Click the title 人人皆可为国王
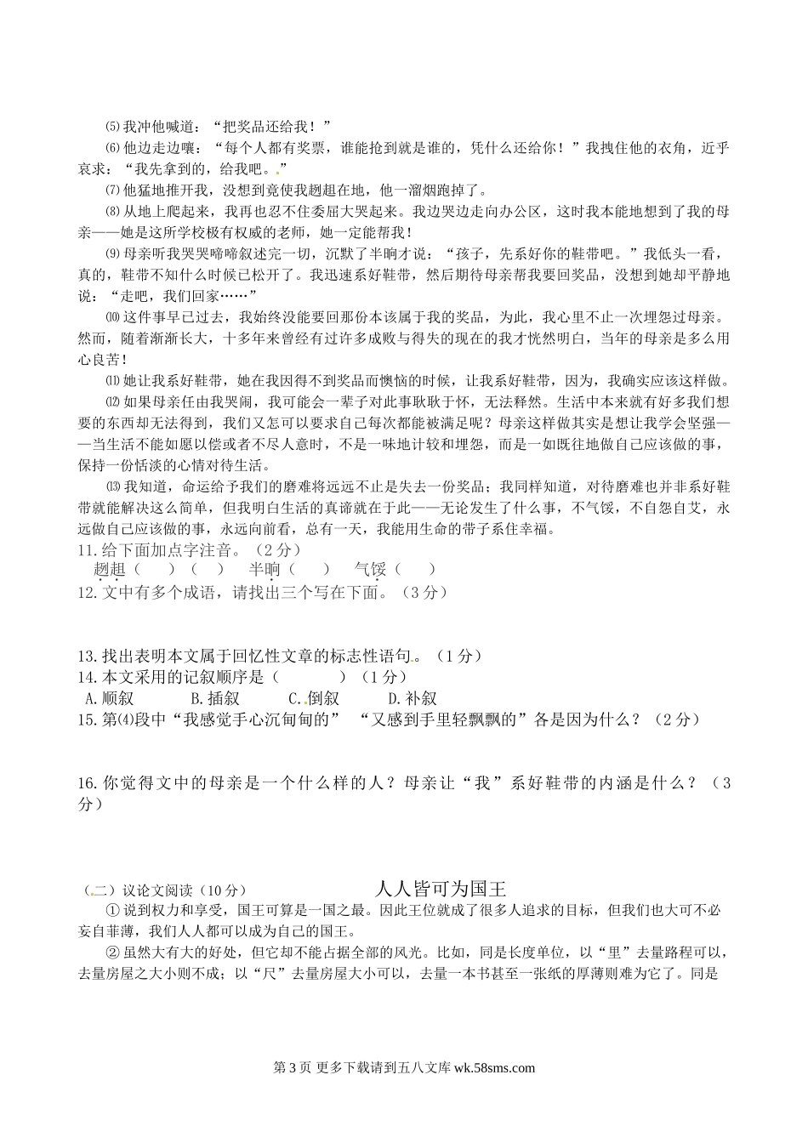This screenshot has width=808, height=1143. [441, 889]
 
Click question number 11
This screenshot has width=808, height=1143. [85, 549]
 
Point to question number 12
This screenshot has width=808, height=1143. [85, 592]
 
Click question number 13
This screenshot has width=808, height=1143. [85, 656]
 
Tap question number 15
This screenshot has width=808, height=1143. [85, 719]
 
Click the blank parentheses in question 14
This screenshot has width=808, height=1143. [310, 677]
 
